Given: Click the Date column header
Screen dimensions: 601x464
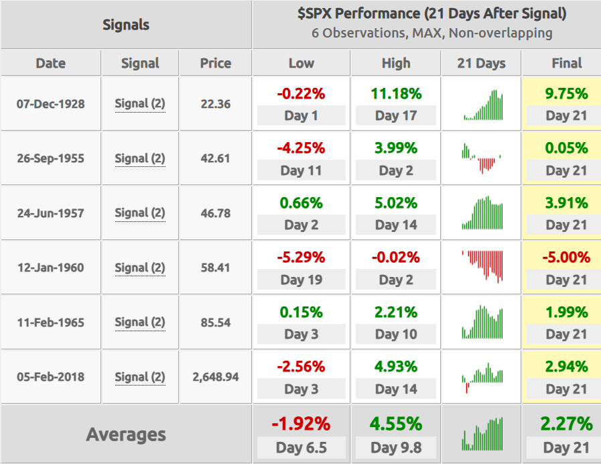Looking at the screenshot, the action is (51, 63).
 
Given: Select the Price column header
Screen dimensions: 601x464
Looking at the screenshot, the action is (216, 63).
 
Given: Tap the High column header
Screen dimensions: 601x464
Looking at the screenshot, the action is (396, 63).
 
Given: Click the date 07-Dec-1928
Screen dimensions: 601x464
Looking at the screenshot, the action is (51, 104).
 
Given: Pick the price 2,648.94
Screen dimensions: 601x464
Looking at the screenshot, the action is (216, 377).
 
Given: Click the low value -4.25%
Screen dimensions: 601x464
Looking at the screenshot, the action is (302, 148).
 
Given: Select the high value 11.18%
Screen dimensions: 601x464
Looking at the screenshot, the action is (396, 94).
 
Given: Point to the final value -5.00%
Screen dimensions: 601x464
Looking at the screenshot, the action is (566, 257).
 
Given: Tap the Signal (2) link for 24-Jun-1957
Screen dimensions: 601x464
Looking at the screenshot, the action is (140, 213).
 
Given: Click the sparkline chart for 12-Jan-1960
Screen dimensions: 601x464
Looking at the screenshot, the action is (482, 267).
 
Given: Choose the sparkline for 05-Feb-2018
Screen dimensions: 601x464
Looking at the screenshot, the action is (482, 378).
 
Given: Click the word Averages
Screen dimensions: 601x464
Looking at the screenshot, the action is (126, 434).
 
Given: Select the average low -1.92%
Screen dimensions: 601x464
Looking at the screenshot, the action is (302, 424).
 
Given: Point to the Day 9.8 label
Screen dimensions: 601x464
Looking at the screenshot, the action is (396, 447).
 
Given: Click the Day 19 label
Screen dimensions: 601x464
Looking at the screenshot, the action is (302, 280).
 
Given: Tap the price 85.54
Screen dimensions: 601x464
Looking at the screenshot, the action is (216, 323).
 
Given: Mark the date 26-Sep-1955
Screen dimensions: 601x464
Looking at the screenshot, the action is (51, 158).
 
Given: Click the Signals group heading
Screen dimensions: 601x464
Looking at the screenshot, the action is (126, 25).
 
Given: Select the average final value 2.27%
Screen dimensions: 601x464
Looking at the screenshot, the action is (566, 424).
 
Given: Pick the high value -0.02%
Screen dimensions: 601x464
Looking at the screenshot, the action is (396, 257).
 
